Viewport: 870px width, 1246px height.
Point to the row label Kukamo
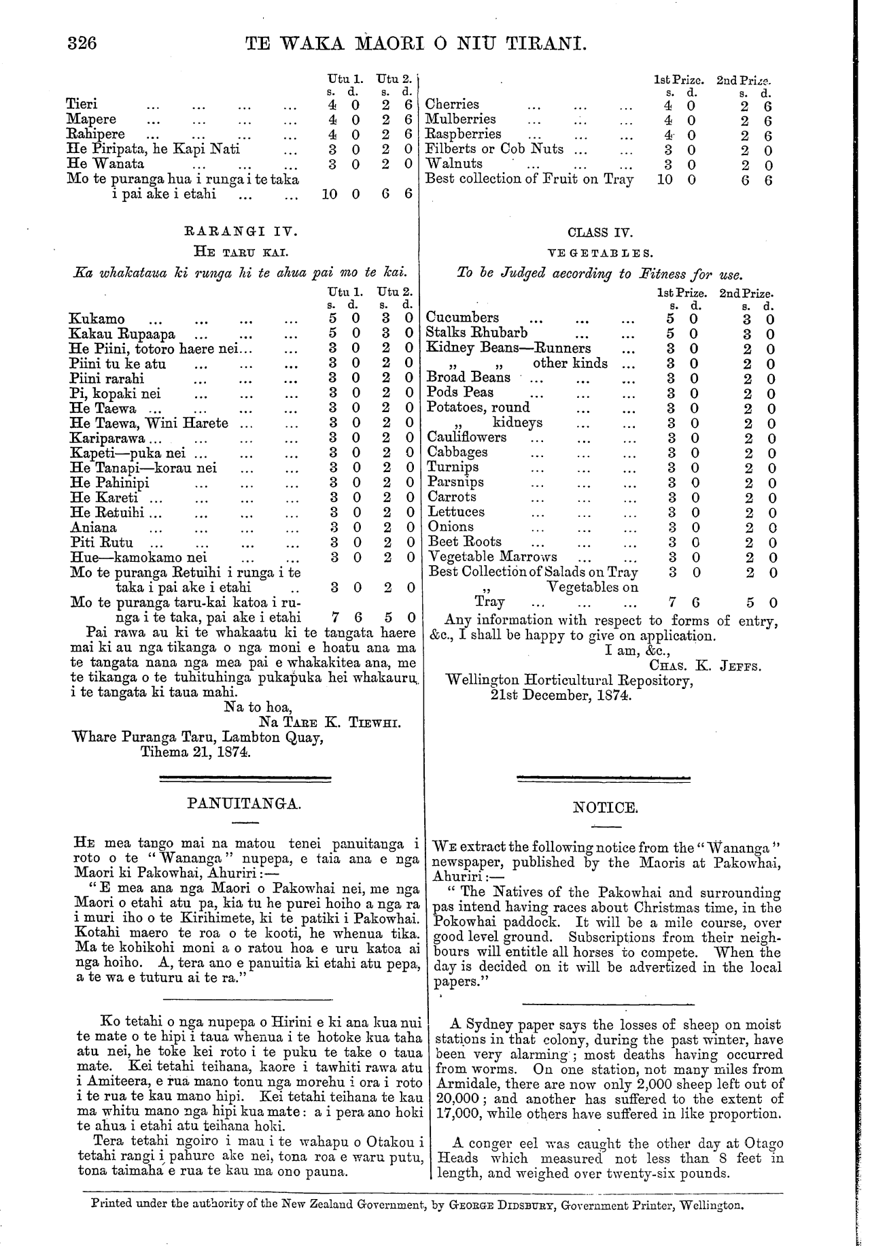coord(97,319)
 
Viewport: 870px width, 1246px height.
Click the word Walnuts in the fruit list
coord(453,164)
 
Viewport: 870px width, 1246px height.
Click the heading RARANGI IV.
coord(243,231)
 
